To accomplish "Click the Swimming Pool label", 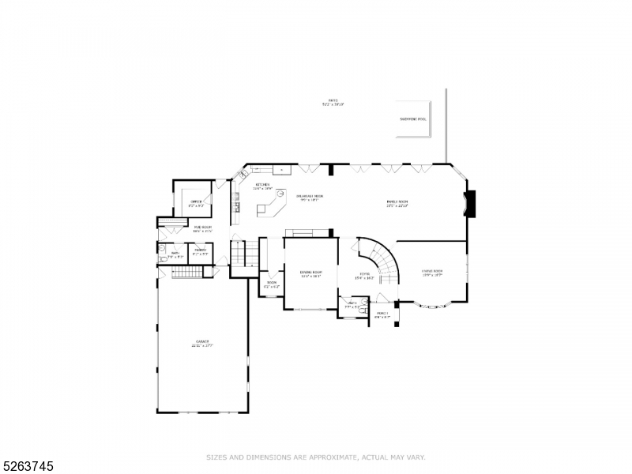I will point(412,119).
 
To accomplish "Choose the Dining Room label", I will point(310,273).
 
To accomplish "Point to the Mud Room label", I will point(203,228).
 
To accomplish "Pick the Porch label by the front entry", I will point(382,314).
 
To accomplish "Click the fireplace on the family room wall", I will point(471,203).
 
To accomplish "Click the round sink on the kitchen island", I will point(280,201).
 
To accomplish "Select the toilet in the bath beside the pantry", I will point(162,258).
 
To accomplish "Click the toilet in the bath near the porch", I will point(360,312).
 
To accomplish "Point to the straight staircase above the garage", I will point(187,273).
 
